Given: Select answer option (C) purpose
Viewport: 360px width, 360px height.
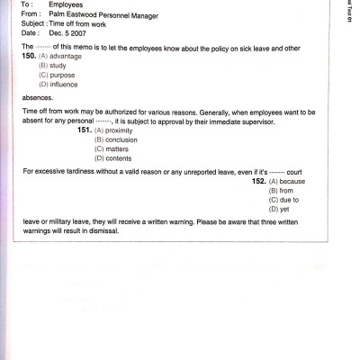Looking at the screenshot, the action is point(58,76).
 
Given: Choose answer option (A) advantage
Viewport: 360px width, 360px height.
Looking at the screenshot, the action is point(62,56).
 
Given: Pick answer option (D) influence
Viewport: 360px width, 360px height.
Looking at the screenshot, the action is point(59,85).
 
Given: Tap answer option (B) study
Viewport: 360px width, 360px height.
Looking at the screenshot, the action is point(53,66).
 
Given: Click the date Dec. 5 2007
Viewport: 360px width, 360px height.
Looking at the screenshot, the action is point(66,32).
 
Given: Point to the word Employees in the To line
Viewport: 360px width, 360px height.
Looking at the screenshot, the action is point(67,4).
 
